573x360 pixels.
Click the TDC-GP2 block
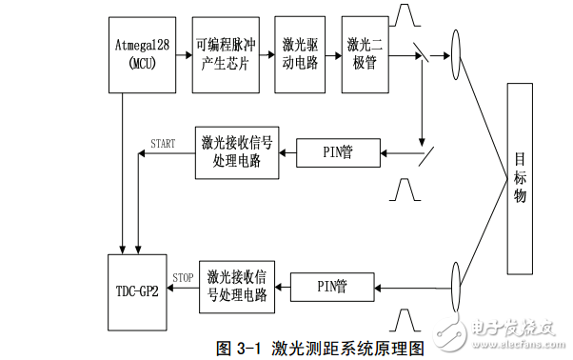(x=136, y=284)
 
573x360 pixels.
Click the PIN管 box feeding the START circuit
(x=339, y=151)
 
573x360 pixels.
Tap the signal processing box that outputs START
(x=238, y=151)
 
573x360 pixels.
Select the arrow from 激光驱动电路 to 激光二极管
(x=333, y=54)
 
